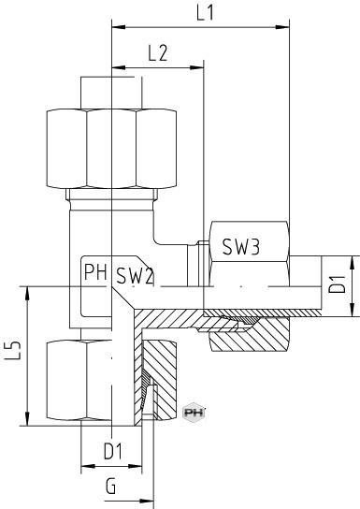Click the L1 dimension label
pyautogui.click(x=206, y=13)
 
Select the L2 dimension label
pyautogui.click(x=158, y=53)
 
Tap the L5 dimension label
pyautogui.click(x=14, y=351)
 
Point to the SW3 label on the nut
pyautogui.click(x=241, y=247)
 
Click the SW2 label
pyautogui.click(x=135, y=276)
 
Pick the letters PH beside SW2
pyautogui.click(x=95, y=272)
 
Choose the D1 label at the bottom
pyautogui.click(x=113, y=451)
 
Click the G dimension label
pyautogui.click(x=110, y=487)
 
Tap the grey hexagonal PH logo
pyautogui.click(x=194, y=413)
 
